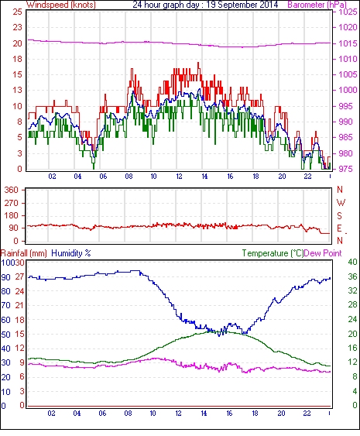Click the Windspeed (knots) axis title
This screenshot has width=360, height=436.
[61, 5]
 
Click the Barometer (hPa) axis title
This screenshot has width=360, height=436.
[317, 5]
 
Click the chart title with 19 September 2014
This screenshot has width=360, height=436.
[205, 5]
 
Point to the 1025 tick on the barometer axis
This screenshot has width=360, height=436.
[348, 12]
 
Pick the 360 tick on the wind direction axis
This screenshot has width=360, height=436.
[11, 191]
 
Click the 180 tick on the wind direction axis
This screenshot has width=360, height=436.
[11, 215]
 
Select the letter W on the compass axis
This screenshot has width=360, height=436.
[341, 202]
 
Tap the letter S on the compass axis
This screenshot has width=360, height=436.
[339, 215]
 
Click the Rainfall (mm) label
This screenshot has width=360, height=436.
[24, 253]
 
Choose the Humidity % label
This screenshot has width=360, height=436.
[71, 253]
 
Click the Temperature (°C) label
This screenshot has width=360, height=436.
[273, 253]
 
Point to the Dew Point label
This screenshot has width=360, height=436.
[323, 253]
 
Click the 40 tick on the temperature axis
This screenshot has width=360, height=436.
[352, 262]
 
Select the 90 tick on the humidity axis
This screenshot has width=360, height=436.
[6, 277]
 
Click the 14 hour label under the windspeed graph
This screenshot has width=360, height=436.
[204, 177]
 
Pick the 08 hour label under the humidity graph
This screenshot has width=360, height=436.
[128, 414]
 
